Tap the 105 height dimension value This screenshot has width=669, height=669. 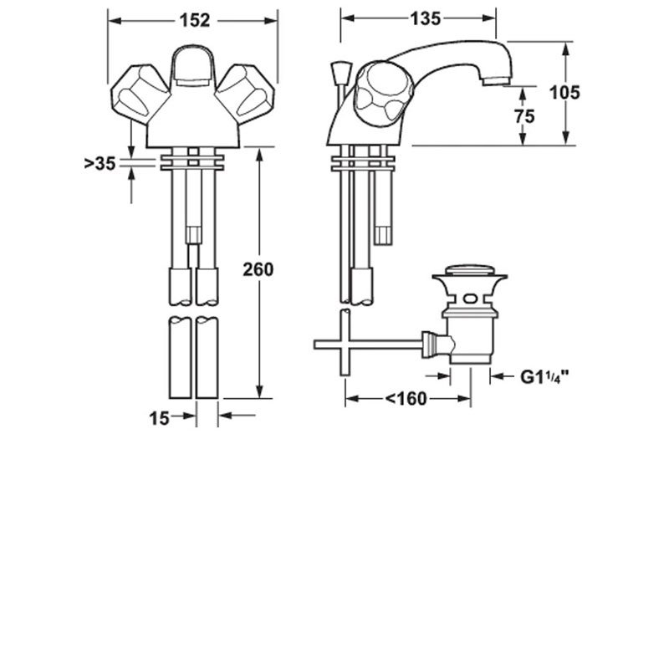click(565, 93)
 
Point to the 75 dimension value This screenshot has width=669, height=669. click(523, 117)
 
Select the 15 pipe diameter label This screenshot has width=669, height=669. click(160, 417)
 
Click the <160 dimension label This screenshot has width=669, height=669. click(407, 399)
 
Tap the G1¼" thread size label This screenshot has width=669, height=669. click(544, 377)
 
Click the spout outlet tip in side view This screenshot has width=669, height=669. click(496, 79)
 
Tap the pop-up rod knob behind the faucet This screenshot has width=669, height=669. click(339, 70)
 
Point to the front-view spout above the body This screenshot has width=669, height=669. click(193, 67)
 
